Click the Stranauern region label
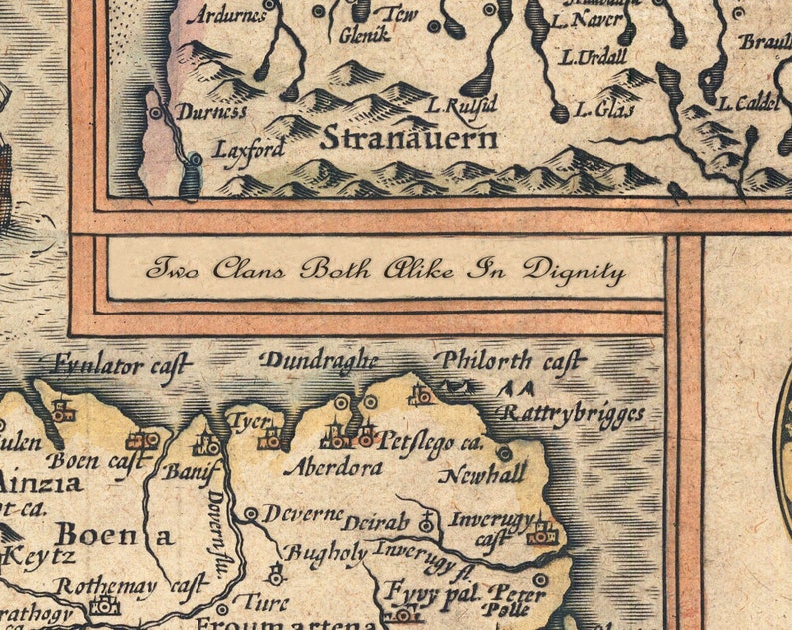[x=409, y=139]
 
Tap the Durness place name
[x=211, y=112]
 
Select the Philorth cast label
[x=510, y=361]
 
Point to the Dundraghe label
[x=319, y=360]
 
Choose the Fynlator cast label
[x=121, y=366]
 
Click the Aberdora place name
[x=333, y=466]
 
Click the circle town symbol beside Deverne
[x=250, y=513]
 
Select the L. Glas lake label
[x=603, y=109]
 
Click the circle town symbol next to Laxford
[x=196, y=158]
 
